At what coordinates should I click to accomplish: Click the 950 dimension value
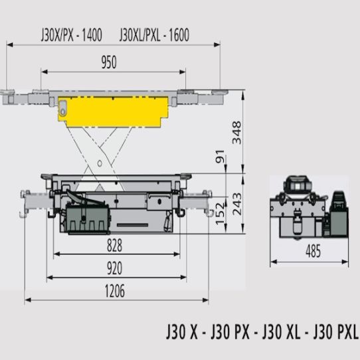[x=109, y=62]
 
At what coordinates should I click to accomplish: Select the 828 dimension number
[x=114, y=245]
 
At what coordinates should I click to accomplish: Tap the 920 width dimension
[x=114, y=268]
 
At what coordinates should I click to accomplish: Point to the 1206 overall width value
[x=114, y=291]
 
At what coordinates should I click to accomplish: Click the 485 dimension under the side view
[x=313, y=251]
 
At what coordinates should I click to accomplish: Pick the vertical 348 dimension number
[x=237, y=132]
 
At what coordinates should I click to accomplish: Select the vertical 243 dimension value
[x=237, y=204]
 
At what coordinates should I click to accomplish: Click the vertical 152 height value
[x=220, y=213]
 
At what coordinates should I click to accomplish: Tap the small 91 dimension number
[x=220, y=156]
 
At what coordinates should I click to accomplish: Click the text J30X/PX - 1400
[x=72, y=35]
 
